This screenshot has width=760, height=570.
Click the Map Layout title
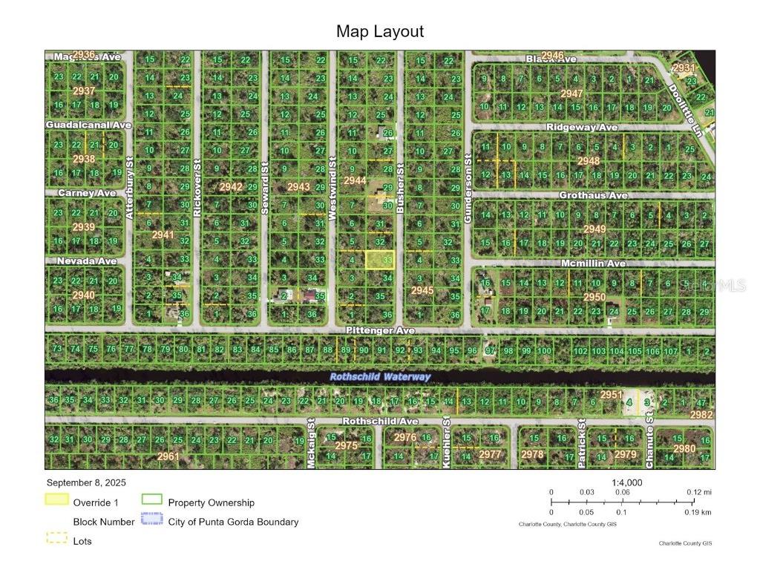pyautogui.click(x=380, y=31)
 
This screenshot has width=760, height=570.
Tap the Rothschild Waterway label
pyautogui.click(x=380, y=377)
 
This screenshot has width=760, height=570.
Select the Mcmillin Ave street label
pyautogui.click(x=593, y=263)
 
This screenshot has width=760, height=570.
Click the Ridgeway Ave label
pyautogui.click(x=582, y=128)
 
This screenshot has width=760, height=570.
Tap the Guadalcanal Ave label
pyautogui.click(x=88, y=125)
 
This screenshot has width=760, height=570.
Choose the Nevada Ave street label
pyautogui.click(x=87, y=261)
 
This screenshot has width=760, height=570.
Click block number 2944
pyautogui.click(x=355, y=180)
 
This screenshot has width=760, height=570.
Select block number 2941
pyautogui.click(x=163, y=235)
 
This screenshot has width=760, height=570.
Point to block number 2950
pyautogui.click(x=594, y=297)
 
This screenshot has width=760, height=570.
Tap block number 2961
pyautogui.click(x=168, y=456)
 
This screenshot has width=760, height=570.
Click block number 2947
pyautogui.click(x=571, y=94)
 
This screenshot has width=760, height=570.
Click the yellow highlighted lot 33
pyautogui.click(x=380, y=260)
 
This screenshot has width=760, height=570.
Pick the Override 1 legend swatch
pyautogui.click(x=57, y=502)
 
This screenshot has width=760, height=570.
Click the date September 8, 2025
pyautogui.click(x=85, y=482)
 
